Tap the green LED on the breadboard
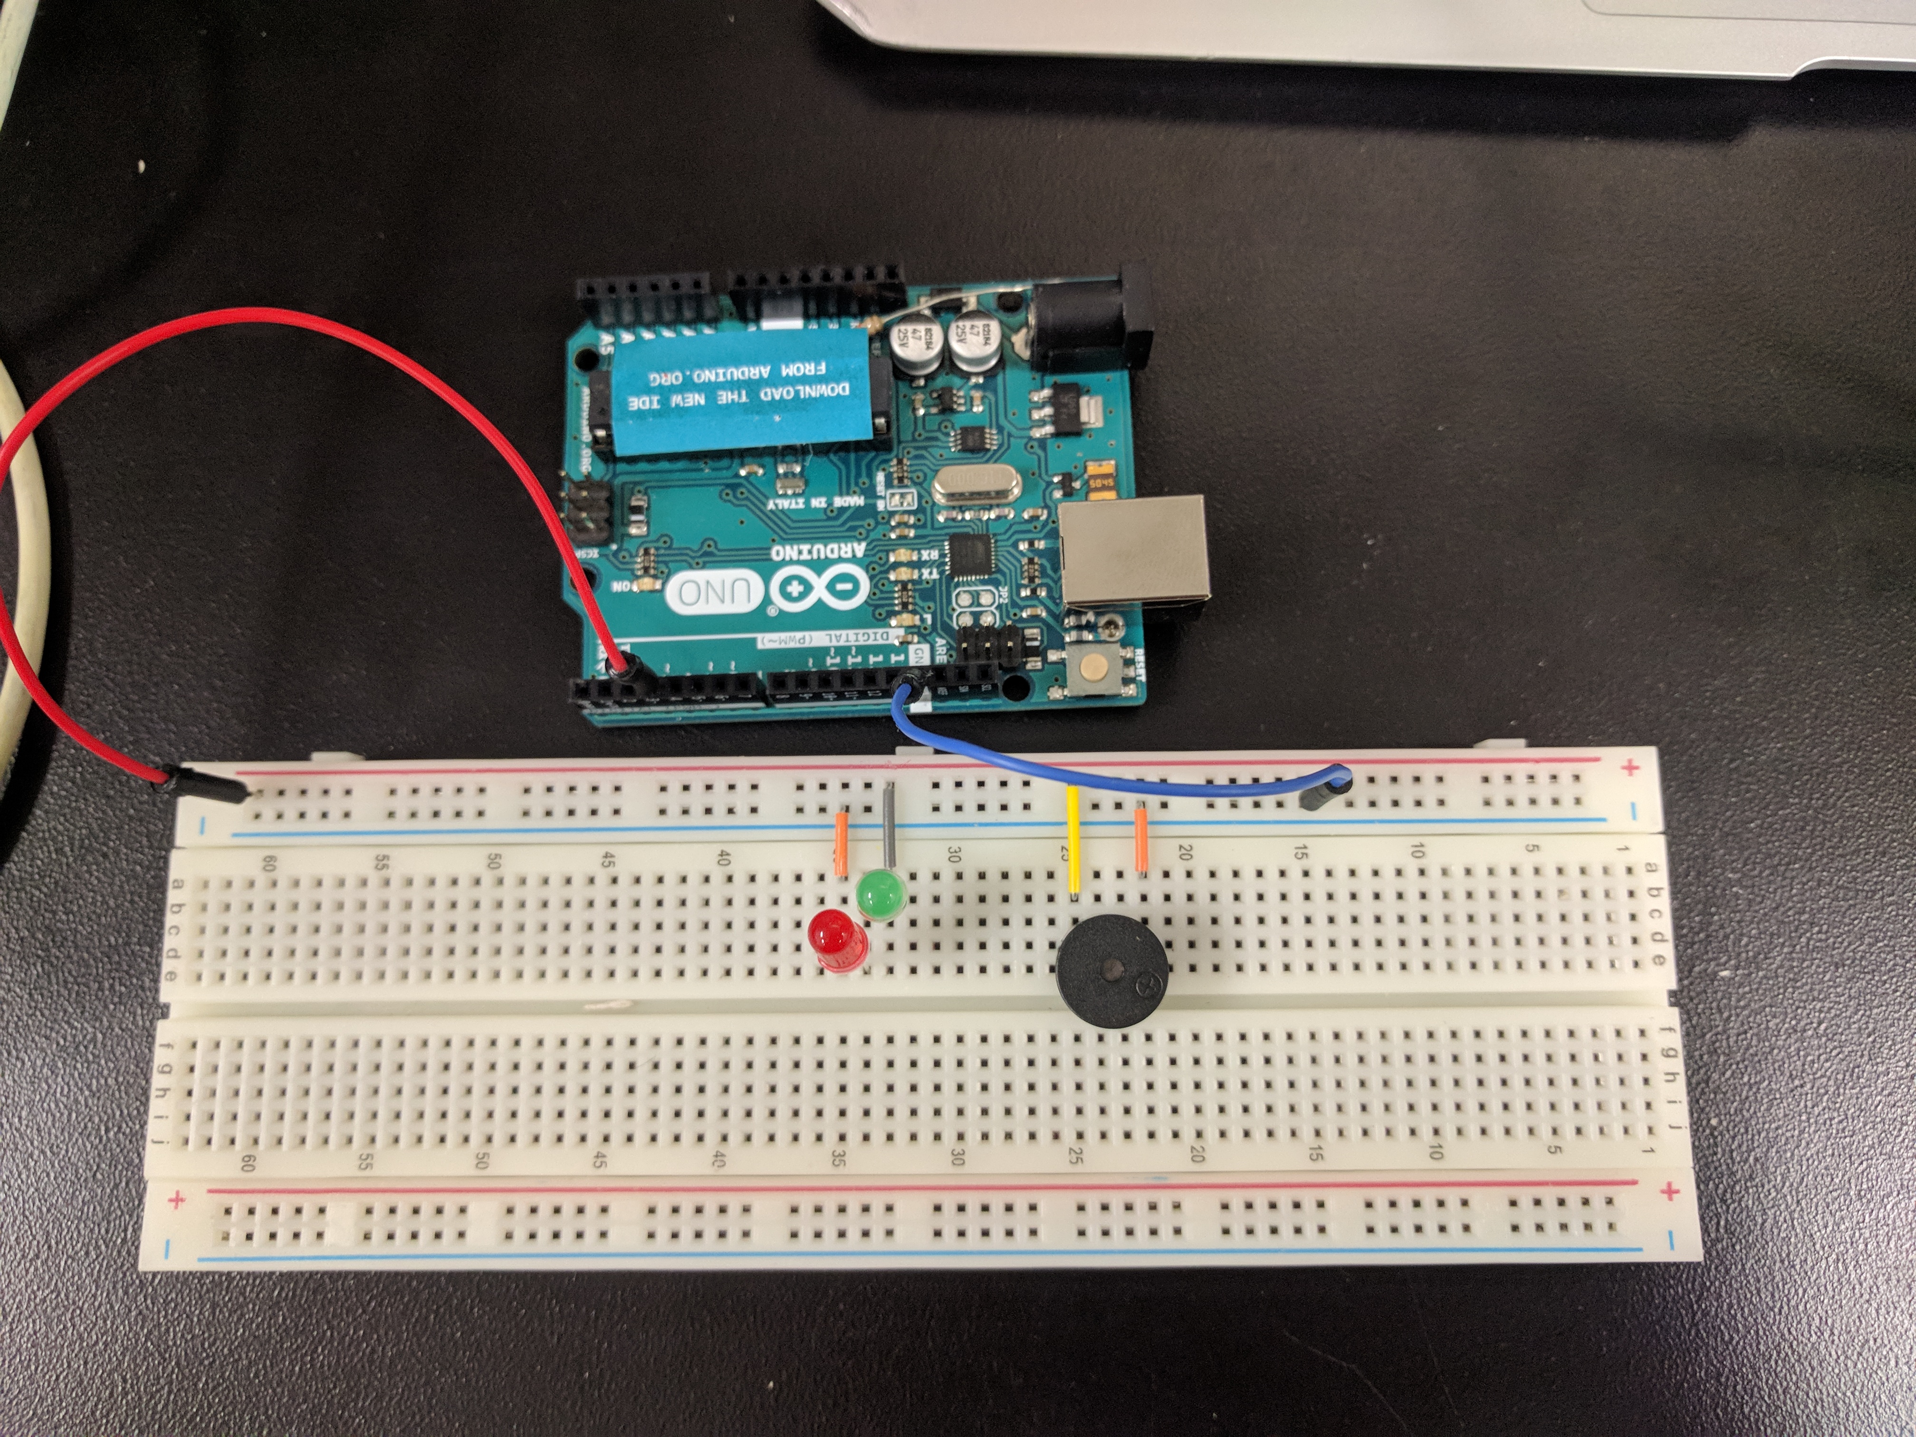click(880, 895)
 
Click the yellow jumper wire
click(1073, 840)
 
